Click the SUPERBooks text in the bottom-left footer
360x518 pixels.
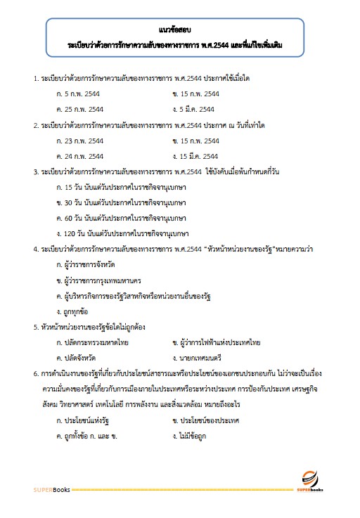pyautogui.click(x=50, y=488)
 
